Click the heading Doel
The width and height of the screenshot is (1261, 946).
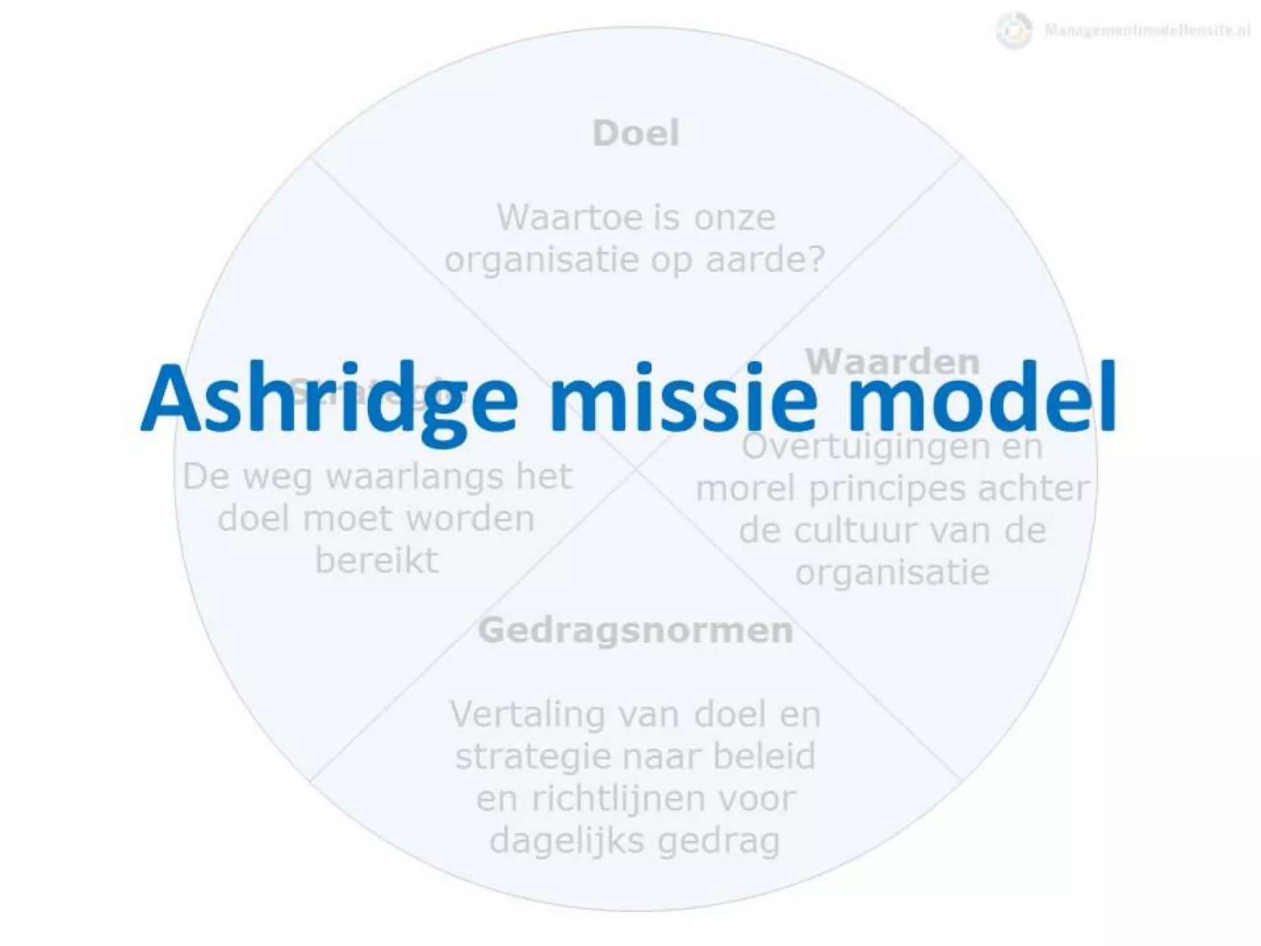[636, 133]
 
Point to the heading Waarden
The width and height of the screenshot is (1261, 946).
[892, 362]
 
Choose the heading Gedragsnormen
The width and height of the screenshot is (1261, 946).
[635, 630]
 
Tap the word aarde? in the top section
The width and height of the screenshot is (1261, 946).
[765, 260]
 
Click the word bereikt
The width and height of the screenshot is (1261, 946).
[377, 560]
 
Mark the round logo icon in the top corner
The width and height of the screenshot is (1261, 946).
[1013, 30]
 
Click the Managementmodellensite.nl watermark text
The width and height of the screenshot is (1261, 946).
[1146, 30]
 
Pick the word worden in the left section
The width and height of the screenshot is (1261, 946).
[470, 519]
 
